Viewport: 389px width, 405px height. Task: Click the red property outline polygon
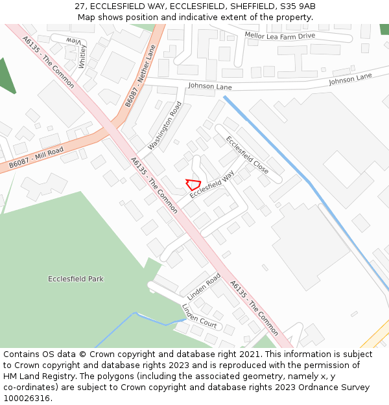[x=193, y=183]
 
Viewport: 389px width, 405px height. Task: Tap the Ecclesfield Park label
[x=76, y=279]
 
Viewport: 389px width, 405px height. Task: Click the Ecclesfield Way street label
[x=212, y=185]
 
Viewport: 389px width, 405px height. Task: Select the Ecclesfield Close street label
[x=247, y=154]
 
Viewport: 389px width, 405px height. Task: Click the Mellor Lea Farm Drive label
[x=280, y=36]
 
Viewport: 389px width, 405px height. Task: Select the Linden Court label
[x=199, y=315]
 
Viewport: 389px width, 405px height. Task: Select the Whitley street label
[x=82, y=57]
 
